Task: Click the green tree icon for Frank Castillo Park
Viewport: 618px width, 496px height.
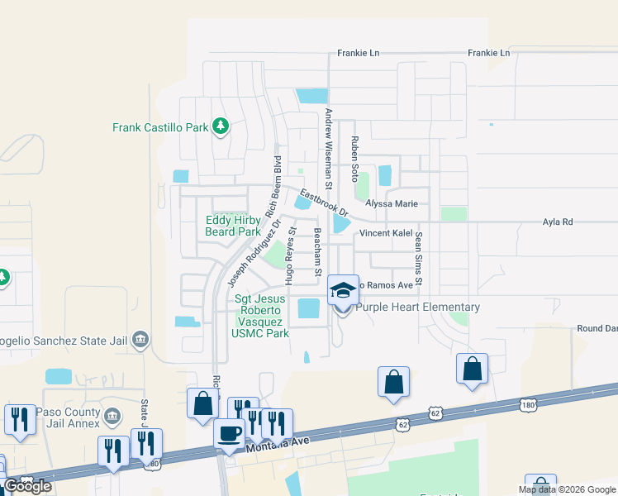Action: click(x=220, y=126)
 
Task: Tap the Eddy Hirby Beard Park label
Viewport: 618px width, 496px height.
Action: click(x=233, y=227)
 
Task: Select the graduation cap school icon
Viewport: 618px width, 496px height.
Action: click(x=343, y=290)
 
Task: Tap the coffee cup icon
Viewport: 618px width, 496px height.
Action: click(x=229, y=434)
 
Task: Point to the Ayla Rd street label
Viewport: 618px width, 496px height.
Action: click(x=557, y=222)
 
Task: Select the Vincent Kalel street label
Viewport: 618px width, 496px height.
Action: click(x=385, y=234)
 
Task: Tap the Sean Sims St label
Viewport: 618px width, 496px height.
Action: click(x=419, y=259)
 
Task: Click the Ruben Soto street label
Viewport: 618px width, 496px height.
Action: click(x=354, y=160)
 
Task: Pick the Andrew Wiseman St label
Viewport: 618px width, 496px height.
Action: click(x=328, y=145)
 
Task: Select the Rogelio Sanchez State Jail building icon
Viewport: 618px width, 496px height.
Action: click(x=140, y=340)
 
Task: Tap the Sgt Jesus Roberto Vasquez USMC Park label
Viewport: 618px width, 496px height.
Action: click(x=261, y=316)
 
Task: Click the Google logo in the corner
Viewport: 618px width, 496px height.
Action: click(x=28, y=486)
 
